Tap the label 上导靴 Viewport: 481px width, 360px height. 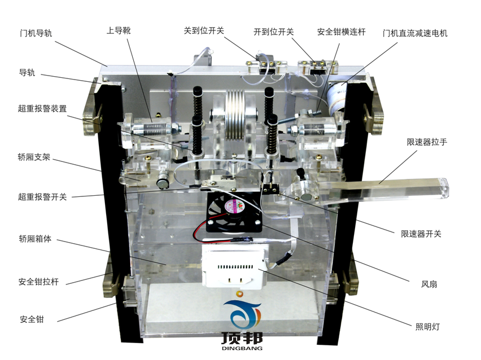pos(119,30)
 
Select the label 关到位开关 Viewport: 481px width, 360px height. pos(204,30)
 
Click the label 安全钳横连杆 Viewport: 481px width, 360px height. pos(341,32)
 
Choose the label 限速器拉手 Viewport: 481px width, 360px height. pos(427,142)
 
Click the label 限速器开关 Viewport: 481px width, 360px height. pos(421,233)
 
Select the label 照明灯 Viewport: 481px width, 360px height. pos(427,326)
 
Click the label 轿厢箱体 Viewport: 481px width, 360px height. pos(35,239)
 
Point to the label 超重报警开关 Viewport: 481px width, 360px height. pos(42,197)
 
